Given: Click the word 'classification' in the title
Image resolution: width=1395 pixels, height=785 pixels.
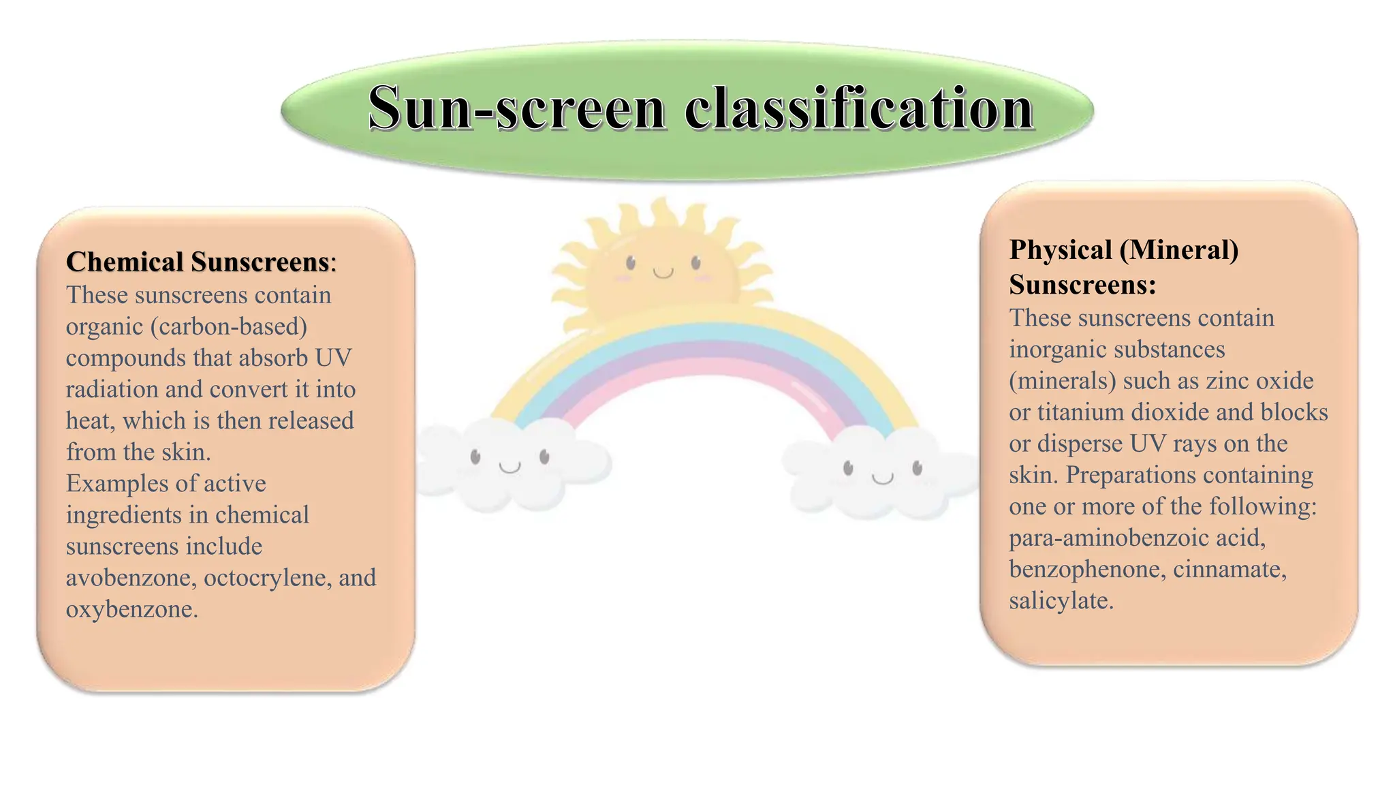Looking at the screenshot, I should click(x=859, y=109).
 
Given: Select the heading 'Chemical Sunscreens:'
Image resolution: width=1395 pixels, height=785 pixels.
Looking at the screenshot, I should click(x=201, y=262).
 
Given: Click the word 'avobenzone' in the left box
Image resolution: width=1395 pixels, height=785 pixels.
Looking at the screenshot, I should click(x=131, y=578).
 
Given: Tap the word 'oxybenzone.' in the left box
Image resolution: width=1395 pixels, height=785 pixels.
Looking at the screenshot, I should click(x=132, y=609).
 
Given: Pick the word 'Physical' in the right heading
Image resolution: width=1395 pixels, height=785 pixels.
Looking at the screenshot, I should click(x=1061, y=250).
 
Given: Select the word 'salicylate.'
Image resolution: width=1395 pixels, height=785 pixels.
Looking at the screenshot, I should click(x=1061, y=601).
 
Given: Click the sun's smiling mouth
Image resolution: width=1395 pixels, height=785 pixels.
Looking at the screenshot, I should click(x=663, y=273).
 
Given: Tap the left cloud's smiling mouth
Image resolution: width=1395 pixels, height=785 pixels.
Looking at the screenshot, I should click(x=510, y=467).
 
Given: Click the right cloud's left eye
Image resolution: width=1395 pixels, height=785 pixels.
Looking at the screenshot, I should click(x=848, y=468).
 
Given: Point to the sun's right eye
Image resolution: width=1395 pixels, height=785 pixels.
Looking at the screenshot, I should click(x=695, y=262).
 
